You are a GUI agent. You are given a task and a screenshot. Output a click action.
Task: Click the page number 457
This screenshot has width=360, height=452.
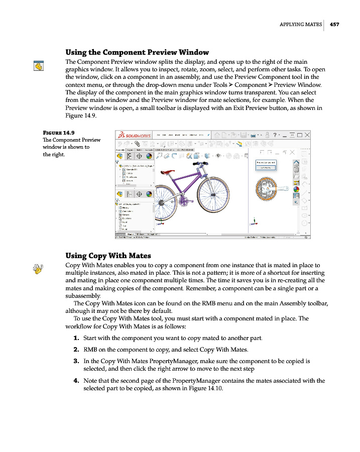click(x=334, y=24)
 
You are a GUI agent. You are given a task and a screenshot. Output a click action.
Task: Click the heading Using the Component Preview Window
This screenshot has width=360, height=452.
click(x=137, y=52)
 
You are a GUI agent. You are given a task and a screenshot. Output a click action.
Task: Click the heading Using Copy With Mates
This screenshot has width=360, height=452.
click(x=108, y=256)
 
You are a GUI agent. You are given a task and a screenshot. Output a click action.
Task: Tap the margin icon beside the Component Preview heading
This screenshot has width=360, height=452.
click(x=38, y=65)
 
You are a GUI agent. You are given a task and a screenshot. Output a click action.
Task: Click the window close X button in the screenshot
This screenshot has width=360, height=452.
click(x=307, y=135)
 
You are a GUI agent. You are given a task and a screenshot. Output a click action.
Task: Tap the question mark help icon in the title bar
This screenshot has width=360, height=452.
click(x=275, y=135)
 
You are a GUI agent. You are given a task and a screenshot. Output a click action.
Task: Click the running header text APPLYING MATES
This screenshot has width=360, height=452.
click(x=300, y=24)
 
